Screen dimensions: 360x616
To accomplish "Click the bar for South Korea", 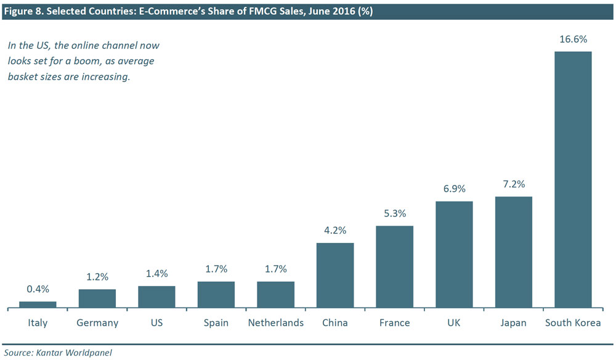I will [x=573, y=179].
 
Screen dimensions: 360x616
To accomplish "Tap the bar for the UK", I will [x=454, y=254].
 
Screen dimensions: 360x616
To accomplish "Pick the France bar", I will [x=395, y=266].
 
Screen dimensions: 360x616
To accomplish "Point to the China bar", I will [x=335, y=275].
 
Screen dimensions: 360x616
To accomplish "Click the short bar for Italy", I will [x=38, y=304].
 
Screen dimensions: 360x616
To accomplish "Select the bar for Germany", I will [x=97, y=298].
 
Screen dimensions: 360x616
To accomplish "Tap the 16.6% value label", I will [x=573, y=39].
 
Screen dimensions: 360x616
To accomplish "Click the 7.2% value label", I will [x=514, y=184].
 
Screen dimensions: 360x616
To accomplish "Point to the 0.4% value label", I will [x=38, y=288].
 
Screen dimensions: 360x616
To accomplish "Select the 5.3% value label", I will [x=395, y=213].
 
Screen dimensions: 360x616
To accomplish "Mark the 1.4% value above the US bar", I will [x=156, y=273].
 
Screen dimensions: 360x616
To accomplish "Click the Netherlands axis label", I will [x=275, y=323].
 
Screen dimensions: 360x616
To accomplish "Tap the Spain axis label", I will [x=216, y=323].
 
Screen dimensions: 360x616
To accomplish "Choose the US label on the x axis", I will [x=156, y=323].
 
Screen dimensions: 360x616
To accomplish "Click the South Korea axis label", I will [x=573, y=323].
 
